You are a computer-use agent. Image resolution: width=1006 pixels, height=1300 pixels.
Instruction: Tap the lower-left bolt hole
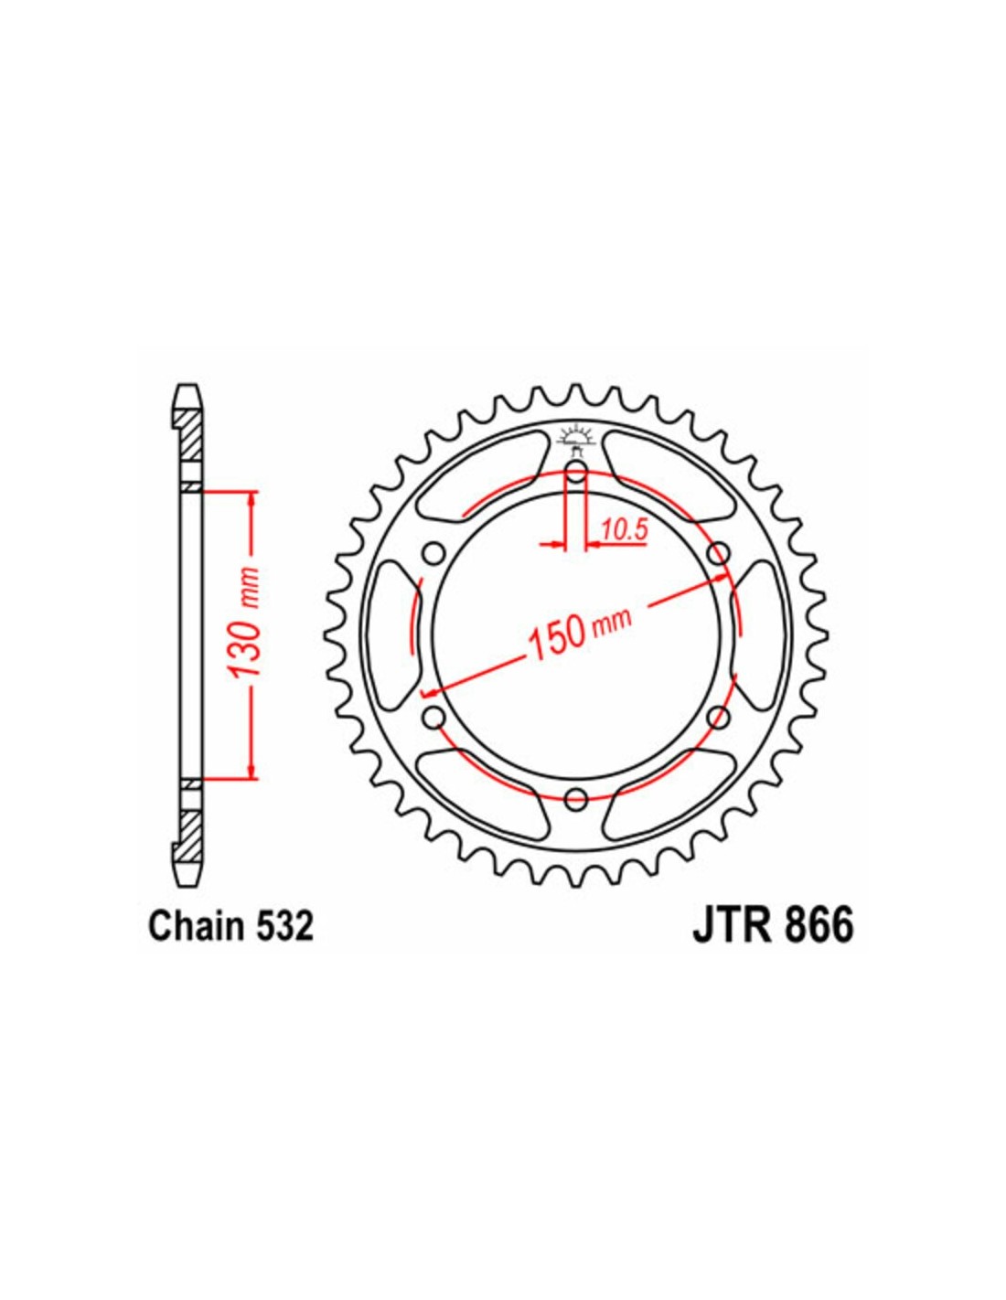[x=433, y=714]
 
